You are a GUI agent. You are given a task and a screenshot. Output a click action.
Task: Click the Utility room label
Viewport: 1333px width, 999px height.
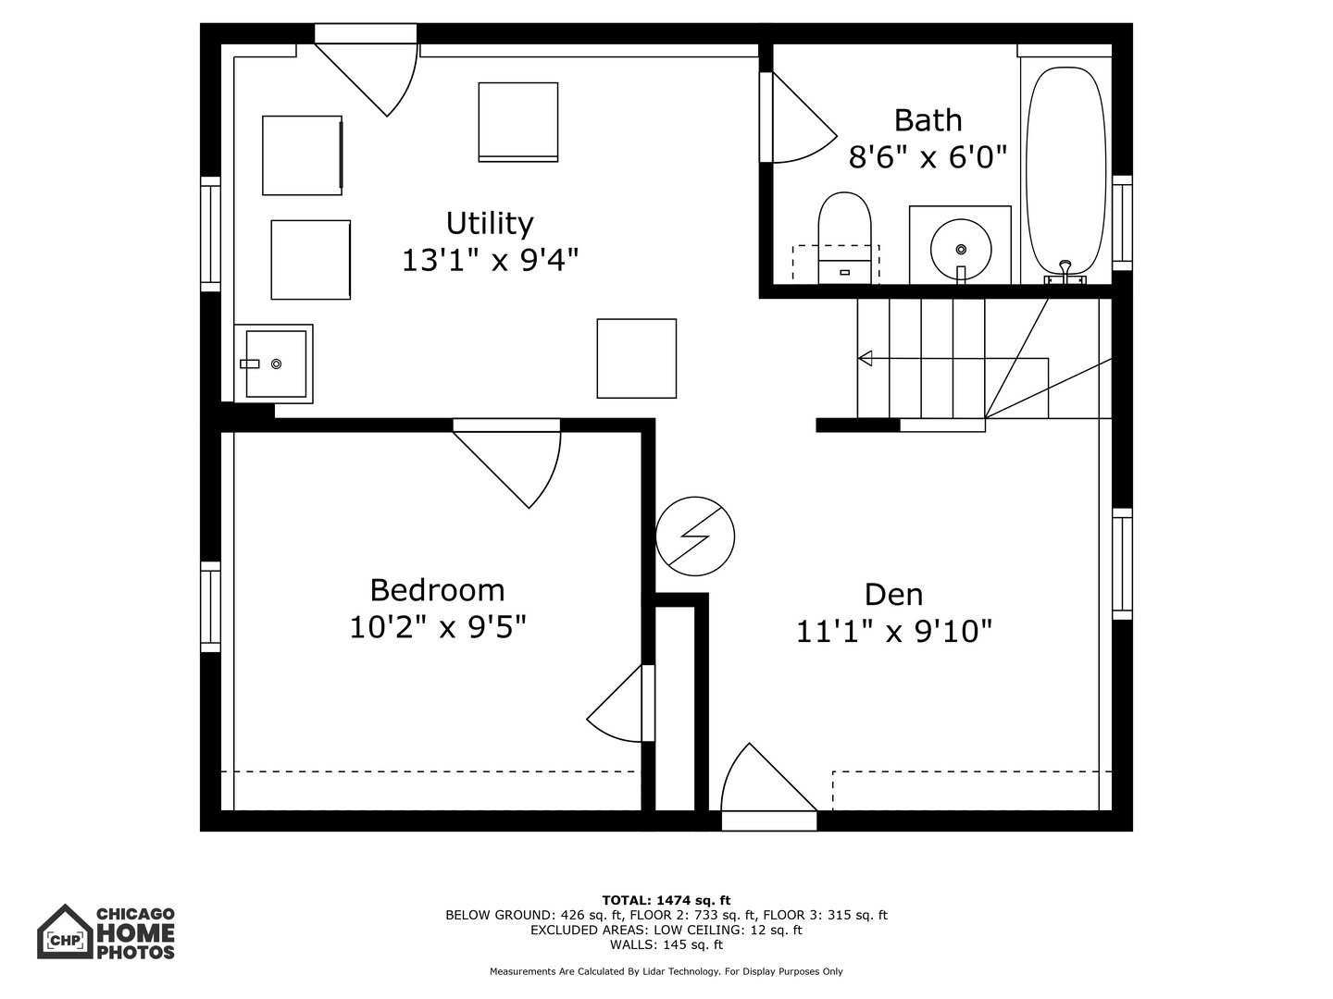[x=490, y=224]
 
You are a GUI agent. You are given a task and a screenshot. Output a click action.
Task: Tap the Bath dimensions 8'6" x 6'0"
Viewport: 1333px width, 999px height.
[x=928, y=157]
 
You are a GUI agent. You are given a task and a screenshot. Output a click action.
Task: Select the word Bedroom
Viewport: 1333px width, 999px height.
[x=437, y=590]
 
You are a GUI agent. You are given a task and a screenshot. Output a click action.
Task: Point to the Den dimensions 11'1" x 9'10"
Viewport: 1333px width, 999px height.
[x=894, y=632]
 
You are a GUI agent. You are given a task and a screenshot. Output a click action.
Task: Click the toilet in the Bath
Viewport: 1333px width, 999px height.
[x=844, y=239]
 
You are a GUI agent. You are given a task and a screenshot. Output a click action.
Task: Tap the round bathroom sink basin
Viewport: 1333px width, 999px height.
[x=961, y=249]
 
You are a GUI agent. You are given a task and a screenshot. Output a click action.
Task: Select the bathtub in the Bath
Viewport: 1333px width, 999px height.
[x=1065, y=171]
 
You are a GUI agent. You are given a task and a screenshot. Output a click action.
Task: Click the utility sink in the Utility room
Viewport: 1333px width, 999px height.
[x=275, y=364]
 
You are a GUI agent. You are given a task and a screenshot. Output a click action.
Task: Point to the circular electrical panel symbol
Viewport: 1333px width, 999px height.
[x=695, y=536]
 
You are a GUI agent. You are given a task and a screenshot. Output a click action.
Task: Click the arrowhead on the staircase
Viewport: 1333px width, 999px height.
[x=865, y=358]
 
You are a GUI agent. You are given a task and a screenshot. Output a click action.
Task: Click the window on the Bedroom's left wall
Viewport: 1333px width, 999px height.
[x=211, y=606]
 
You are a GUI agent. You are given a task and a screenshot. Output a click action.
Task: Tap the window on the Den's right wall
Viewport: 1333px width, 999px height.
[x=1122, y=563]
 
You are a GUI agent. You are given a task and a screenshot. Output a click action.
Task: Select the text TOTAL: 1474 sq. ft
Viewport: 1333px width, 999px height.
[x=666, y=900]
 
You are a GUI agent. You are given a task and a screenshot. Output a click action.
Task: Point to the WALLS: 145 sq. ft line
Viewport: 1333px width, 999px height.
[x=666, y=944]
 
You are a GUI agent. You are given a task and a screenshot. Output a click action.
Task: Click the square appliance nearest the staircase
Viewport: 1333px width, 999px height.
[x=636, y=358]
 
